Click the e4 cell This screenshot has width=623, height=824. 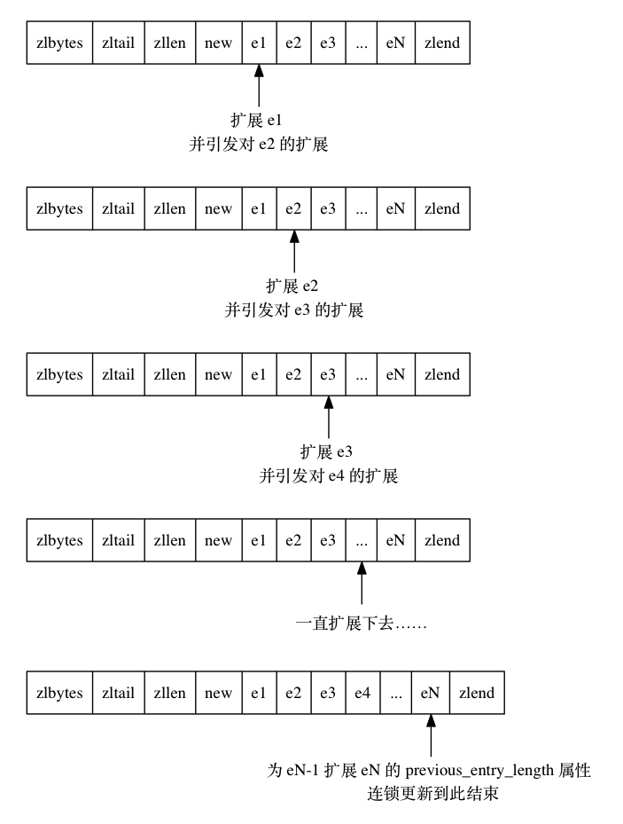(x=362, y=693)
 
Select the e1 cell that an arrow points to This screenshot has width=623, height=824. (x=259, y=43)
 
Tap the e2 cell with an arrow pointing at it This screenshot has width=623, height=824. (x=293, y=208)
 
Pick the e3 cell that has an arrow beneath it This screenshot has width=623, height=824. (x=328, y=374)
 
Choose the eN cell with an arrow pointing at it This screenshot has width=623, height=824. (x=430, y=693)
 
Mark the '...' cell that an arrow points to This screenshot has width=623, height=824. (x=362, y=540)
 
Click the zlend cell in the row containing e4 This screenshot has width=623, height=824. (x=477, y=693)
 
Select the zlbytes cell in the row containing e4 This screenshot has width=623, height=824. (x=59, y=693)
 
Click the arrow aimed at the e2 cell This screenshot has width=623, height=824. (x=293, y=252)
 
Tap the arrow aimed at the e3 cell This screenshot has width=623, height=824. (x=328, y=418)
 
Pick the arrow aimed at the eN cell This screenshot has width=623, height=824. (x=431, y=736)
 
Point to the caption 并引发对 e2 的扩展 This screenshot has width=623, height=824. (x=259, y=144)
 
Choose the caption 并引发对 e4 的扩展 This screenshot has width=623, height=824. (x=328, y=476)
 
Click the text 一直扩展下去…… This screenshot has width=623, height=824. (x=362, y=624)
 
